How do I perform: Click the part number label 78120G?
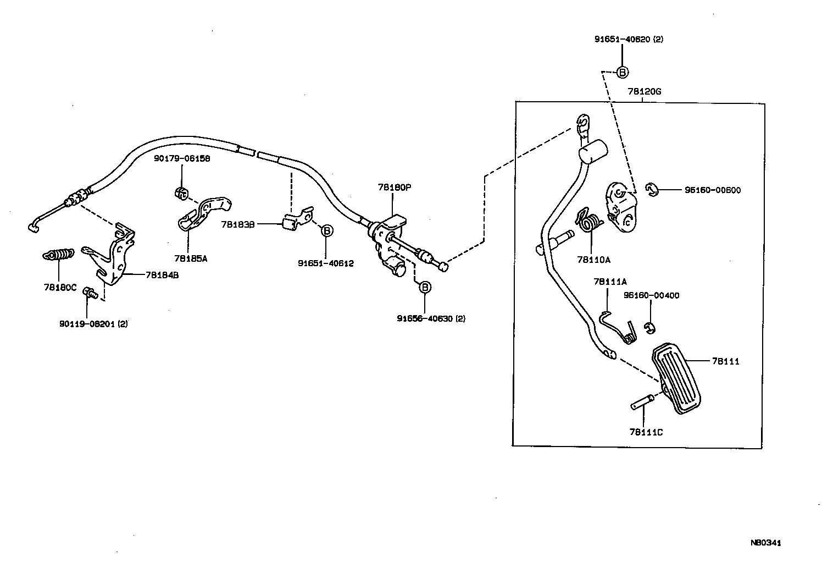pos(644,92)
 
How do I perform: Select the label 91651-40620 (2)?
pos(629,40)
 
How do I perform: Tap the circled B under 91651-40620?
pos(622,72)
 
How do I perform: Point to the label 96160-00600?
pos(712,190)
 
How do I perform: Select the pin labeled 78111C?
pos(642,403)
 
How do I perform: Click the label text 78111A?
pos(610,282)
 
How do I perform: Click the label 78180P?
pos(394,187)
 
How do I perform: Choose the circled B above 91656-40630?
pos(425,287)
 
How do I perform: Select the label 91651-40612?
pos(326,263)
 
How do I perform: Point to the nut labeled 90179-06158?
pos(181,193)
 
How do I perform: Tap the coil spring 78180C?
pos(58,255)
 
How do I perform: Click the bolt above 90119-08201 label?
pos(90,294)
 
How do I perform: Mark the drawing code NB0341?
pos(765,543)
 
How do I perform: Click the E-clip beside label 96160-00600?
pos(652,190)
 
